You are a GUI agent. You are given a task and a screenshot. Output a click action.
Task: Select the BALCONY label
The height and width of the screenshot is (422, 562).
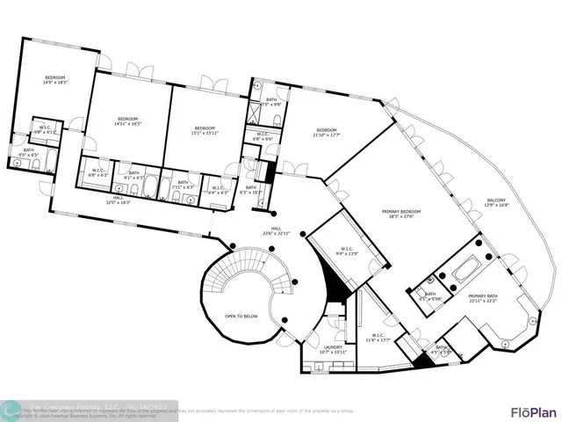point(496,203)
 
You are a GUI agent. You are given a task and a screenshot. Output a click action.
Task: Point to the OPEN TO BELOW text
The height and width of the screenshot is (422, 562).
point(241,315)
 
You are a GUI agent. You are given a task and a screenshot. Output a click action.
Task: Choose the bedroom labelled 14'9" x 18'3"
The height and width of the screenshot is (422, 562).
point(56,80)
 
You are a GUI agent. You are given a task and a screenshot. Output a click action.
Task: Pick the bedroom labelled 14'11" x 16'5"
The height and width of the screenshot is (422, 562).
point(128,120)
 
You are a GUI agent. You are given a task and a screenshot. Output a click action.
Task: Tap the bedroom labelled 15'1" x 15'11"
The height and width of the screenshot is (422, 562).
point(205,130)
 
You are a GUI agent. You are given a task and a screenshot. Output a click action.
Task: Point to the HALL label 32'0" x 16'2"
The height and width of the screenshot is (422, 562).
point(118,200)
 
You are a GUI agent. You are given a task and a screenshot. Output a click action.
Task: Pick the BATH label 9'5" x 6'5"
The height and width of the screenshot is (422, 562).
point(29,151)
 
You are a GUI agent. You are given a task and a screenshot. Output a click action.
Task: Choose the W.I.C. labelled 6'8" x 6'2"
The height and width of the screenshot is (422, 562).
point(97,174)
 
